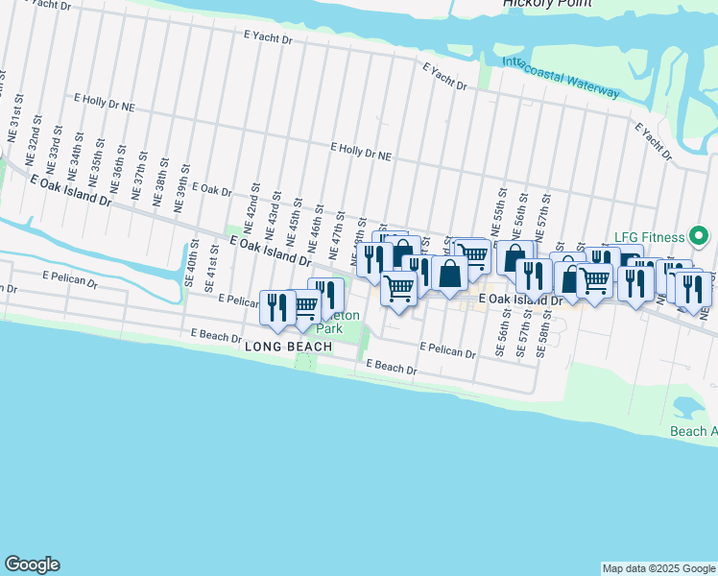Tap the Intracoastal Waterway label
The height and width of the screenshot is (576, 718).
click(562, 78)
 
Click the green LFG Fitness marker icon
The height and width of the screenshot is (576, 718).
click(700, 235)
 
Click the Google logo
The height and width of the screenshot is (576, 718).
click(32, 564)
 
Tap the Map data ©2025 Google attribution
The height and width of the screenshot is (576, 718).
click(658, 568)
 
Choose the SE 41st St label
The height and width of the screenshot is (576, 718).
click(211, 268)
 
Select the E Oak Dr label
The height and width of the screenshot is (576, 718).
click(212, 191)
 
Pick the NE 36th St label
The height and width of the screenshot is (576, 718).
click(121, 164)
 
